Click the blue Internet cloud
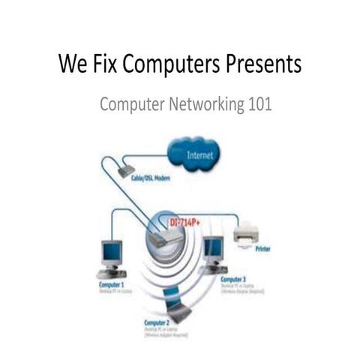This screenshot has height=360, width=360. (191, 154)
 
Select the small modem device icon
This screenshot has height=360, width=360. (126, 171)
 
